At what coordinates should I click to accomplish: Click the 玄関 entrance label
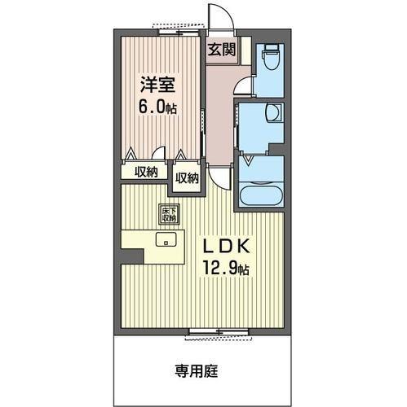click(221, 50)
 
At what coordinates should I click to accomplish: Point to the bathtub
click(260, 196)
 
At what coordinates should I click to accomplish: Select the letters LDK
click(223, 246)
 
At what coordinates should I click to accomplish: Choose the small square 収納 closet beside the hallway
click(187, 177)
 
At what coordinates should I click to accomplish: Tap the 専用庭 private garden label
click(197, 373)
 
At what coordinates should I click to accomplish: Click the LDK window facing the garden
click(218, 330)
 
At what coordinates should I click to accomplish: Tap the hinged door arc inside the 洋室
click(161, 153)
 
